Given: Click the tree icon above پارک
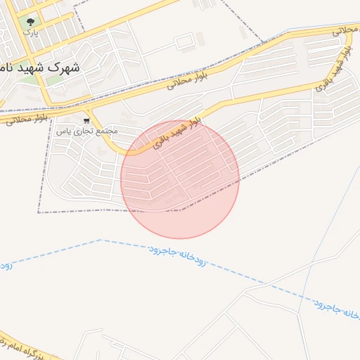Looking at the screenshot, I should tap(30, 22).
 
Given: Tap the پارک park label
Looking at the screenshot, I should tap(29, 32).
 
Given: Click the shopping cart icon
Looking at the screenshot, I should tap(86, 121).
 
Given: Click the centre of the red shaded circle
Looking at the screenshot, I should tap(180, 179).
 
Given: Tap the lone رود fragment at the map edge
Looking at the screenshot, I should tap(5, 266).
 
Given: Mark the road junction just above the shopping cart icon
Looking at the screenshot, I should tap(86, 110).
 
